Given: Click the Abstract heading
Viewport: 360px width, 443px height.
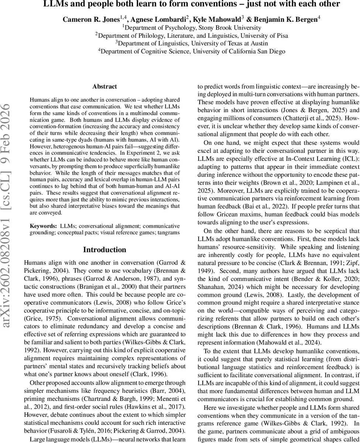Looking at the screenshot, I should (x=104, y=86).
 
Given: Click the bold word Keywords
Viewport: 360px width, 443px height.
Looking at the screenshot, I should (x=42, y=226).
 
